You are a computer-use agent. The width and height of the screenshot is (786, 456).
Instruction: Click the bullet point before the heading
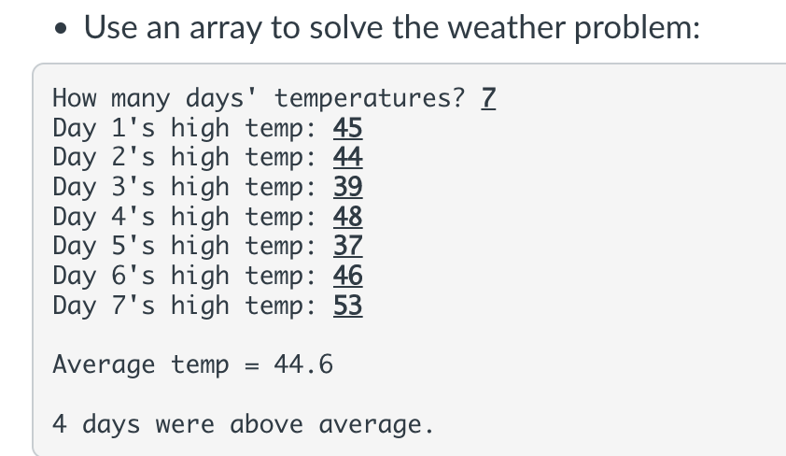[61, 28]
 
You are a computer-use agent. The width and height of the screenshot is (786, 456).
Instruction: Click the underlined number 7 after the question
[486, 97]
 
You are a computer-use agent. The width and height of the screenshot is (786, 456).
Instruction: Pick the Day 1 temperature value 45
[348, 127]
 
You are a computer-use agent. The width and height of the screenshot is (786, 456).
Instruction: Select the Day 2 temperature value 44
[348, 156]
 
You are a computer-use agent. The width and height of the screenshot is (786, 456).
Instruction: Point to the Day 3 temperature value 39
[348, 186]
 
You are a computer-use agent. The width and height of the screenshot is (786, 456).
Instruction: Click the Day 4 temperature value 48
[348, 216]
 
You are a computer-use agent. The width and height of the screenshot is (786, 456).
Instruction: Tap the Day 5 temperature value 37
[348, 246]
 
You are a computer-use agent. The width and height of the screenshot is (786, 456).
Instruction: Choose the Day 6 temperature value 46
[348, 276]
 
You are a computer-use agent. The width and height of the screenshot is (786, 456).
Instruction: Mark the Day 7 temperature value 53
[348, 306]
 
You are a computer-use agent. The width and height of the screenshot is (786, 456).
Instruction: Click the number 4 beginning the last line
[60, 424]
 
